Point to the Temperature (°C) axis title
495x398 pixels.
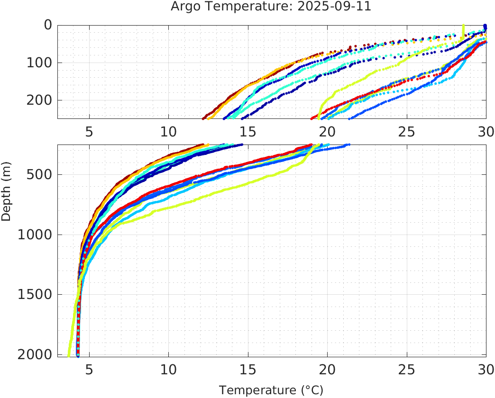pyautogui.click(x=271, y=390)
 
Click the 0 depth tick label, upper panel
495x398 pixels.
pyautogui.click(x=48, y=25)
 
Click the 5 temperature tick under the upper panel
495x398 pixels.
pyautogui.click(x=89, y=132)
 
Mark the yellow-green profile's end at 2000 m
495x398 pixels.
pyautogui.click(x=69, y=355)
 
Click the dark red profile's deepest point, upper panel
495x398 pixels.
pyautogui.click(x=203, y=118)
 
